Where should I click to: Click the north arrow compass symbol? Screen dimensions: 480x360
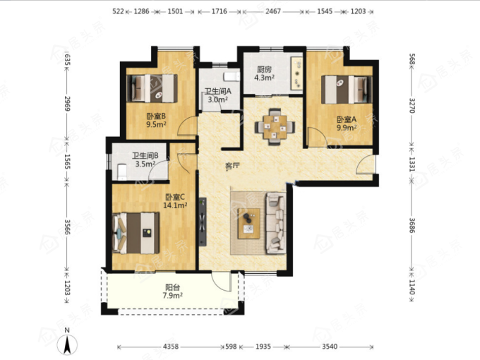pos(67,344)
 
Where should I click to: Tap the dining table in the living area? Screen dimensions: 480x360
pos(275,126)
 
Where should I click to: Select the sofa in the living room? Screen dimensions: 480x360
pos(276,223)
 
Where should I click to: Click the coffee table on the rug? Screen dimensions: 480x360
pos(249,224)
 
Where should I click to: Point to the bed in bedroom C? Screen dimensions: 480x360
pos(136,233)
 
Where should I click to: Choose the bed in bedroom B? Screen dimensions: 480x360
pos(152,88)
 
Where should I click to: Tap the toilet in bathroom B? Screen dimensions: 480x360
pos(122,172)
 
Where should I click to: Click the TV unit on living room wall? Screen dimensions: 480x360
pos(203,222)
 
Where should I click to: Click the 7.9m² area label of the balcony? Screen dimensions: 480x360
pos(173,296)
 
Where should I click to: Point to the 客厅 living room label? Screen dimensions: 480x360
pos(232,166)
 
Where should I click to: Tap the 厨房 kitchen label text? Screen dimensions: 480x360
pos(264,69)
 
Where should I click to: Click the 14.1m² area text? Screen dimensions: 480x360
pos(175,205)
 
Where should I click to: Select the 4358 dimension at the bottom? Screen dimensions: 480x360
pos(171,347)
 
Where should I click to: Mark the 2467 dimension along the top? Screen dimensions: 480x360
pos(272,11)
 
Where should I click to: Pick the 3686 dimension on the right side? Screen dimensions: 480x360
pos(412,225)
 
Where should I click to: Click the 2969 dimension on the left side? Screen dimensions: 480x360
pos(67,104)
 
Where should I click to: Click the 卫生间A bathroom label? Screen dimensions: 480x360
pos(217,91)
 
